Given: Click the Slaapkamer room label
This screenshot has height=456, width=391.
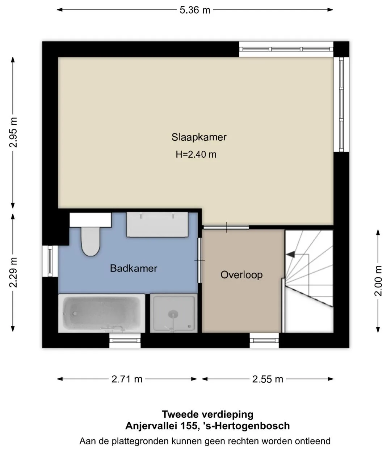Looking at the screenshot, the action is pyautogui.click(x=199, y=137).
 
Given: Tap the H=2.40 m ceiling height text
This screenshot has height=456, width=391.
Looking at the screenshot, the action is pyautogui.click(x=196, y=154).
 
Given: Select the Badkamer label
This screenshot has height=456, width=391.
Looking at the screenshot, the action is pyautogui.click(x=134, y=268).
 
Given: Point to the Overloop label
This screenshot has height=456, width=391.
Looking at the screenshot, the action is pyautogui.click(x=241, y=275).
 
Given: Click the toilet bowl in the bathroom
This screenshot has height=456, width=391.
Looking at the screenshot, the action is pyautogui.click(x=91, y=241).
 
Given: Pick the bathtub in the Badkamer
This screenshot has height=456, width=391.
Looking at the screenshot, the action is pyautogui.click(x=102, y=313).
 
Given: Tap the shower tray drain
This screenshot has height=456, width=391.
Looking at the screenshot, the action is pyautogui.click(x=173, y=314).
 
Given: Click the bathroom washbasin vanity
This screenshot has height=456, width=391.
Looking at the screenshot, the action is pyautogui.click(x=157, y=225).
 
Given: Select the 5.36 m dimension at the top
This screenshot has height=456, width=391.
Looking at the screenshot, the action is pyautogui.click(x=195, y=10).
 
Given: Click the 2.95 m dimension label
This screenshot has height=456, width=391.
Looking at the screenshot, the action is pyautogui.click(x=13, y=132).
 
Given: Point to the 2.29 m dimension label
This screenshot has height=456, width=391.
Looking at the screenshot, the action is pyautogui.click(x=13, y=273).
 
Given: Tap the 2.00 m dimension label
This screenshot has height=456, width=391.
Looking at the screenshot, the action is pyautogui.click(x=378, y=281).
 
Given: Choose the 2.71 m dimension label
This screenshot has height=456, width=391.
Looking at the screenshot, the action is pyautogui.click(x=127, y=379).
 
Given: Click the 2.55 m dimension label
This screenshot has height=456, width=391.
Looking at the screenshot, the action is pyautogui.click(x=268, y=379).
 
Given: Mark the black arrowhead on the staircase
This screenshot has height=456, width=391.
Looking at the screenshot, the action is pyautogui.click(x=290, y=254).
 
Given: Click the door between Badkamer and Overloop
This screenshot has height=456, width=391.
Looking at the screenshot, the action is pyautogui.click(x=199, y=260).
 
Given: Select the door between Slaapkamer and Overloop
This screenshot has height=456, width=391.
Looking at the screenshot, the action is pyautogui.click(x=226, y=227).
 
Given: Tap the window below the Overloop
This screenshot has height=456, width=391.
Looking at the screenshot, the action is pyautogui.click(x=264, y=340).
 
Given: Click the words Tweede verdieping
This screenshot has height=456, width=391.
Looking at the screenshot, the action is pyautogui.click(x=208, y=414).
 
